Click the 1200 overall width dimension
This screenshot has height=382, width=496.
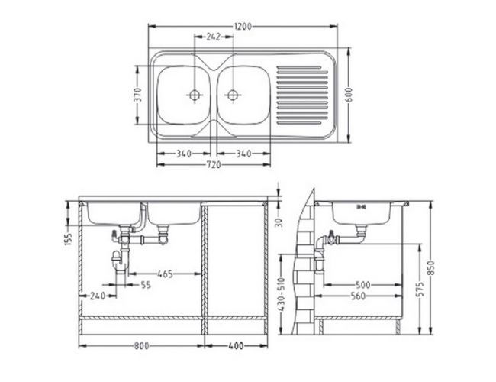click(x=243, y=27)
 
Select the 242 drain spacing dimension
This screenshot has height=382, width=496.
click(x=213, y=37)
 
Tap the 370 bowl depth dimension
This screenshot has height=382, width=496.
click(x=137, y=95)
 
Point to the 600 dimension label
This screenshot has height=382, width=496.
click(x=349, y=95)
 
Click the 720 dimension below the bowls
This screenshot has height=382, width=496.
click(x=214, y=165)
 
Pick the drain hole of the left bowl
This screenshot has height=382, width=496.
click(x=195, y=95)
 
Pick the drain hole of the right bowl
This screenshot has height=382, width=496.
click(x=233, y=95)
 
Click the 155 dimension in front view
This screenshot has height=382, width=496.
click(x=68, y=239)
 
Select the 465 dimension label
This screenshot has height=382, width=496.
click(x=165, y=274)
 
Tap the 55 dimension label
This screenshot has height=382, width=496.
click(x=146, y=285)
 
